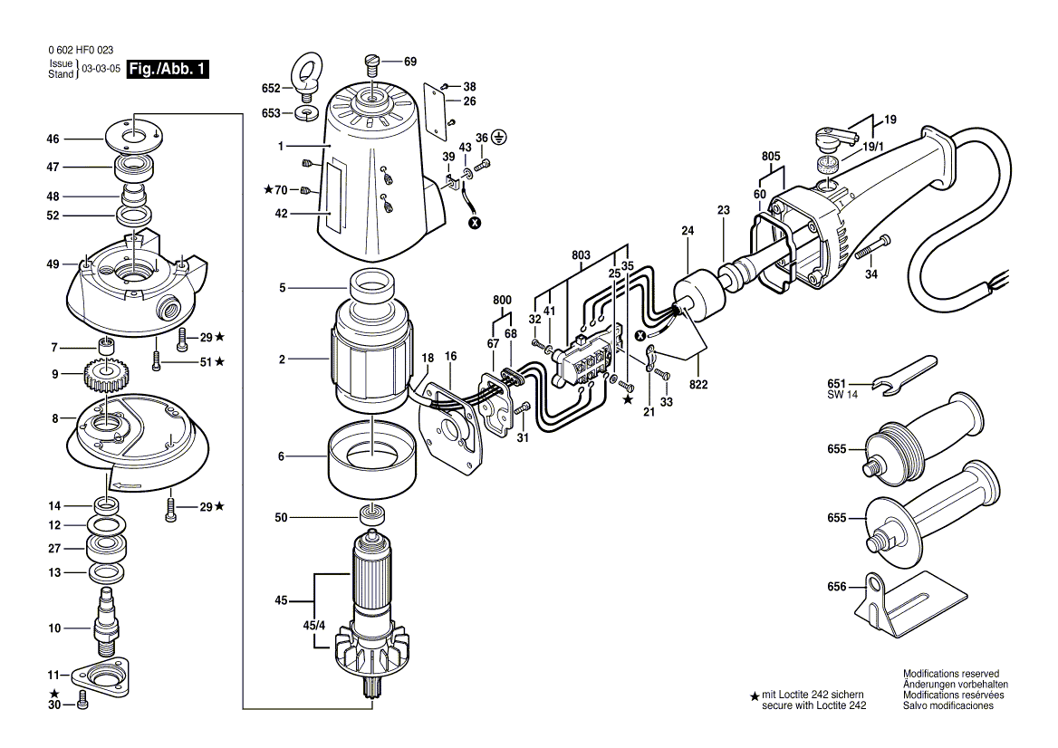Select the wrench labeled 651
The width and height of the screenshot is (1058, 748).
point(903,375)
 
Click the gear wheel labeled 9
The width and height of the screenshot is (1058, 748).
point(108,373)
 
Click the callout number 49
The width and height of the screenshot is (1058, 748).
point(53,264)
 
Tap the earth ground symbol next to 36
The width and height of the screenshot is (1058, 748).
point(499,138)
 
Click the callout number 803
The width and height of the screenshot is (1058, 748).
point(581,256)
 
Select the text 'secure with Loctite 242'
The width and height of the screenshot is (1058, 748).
point(814,705)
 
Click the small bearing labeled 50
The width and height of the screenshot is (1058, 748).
point(371,516)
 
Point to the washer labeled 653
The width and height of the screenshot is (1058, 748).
point(307,114)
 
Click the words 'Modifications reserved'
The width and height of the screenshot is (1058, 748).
point(950,674)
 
